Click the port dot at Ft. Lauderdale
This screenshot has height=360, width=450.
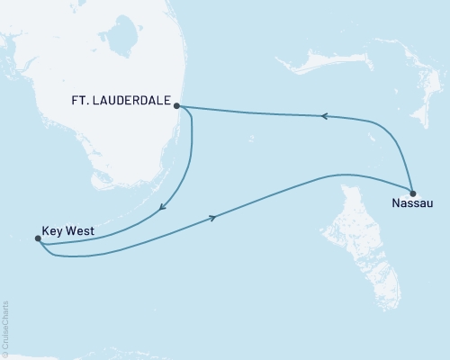(177, 105)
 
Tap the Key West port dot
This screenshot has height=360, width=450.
(37, 238)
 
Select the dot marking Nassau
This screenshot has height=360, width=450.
(412, 193)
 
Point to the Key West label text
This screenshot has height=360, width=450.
(65, 229)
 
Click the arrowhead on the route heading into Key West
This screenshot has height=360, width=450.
(162, 208)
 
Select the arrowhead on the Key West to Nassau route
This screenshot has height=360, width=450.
(213, 218)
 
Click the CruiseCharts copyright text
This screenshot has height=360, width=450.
(5, 328)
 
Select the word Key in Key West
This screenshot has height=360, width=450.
(49, 229)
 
